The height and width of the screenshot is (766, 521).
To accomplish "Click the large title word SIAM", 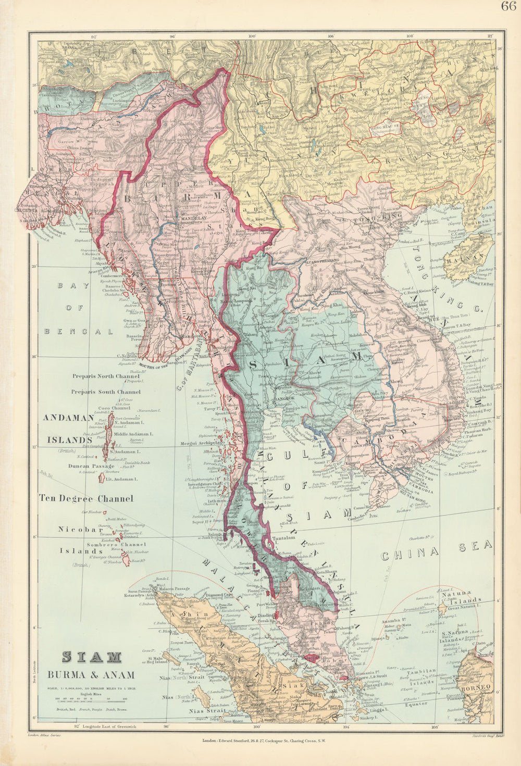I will (92, 658).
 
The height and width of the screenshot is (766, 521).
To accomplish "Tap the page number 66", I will (508, 7).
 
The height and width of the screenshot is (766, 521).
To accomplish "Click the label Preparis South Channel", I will (106, 392).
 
